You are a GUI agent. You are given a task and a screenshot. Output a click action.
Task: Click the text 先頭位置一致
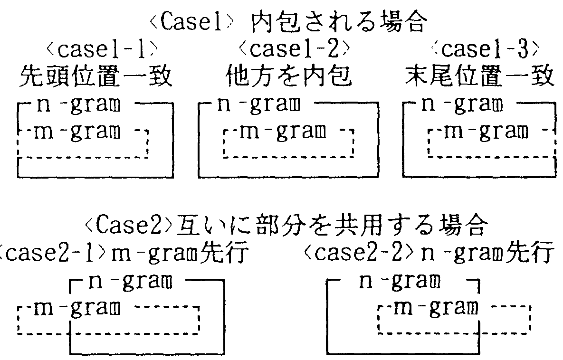[x=95, y=76]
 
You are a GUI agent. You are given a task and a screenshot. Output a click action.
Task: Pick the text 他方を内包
[x=288, y=76]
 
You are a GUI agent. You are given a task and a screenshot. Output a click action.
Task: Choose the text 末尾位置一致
[x=479, y=76]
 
